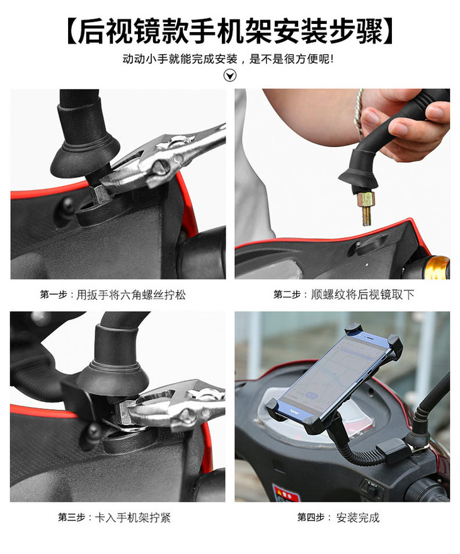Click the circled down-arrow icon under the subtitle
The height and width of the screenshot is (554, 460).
click(230, 75)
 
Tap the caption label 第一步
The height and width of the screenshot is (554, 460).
click(54, 294)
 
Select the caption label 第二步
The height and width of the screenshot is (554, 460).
click(287, 294)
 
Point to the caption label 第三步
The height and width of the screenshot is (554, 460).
click(72, 517)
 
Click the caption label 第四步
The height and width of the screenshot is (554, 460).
click(311, 517)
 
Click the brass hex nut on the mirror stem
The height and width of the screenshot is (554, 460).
click(365, 199)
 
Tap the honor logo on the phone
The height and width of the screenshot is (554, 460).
click(294, 411)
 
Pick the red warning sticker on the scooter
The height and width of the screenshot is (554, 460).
click(286, 493)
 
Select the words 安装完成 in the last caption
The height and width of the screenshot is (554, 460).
click(358, 517)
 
